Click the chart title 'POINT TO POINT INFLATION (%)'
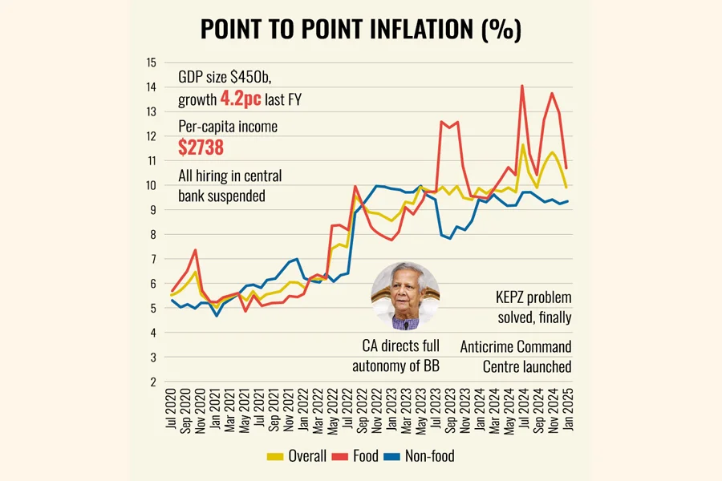point(360,30)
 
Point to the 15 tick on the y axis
point(151,62)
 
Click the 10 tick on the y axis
point(151,185)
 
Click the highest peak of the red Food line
point(522,85)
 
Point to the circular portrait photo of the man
point(405,296)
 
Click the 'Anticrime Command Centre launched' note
point(516,357)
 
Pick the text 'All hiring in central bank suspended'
point(229,185)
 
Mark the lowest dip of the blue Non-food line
point(216,315)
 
